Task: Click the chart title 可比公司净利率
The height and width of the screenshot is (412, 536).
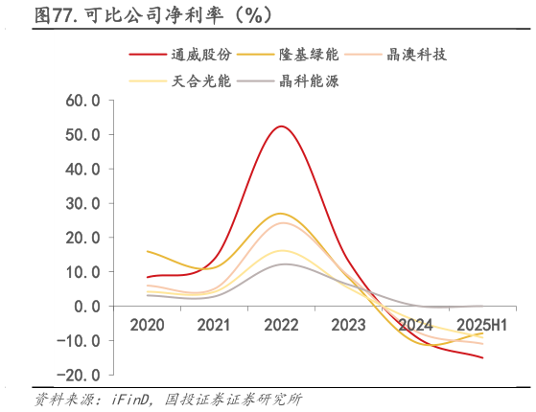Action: [153, 14]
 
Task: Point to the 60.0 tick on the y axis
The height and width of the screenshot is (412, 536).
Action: [82, 100]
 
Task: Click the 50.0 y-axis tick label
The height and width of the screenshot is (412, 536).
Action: [82, 134]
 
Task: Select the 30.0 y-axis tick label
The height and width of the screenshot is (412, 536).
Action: [82, 203]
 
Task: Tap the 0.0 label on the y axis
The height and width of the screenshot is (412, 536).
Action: [87, 306]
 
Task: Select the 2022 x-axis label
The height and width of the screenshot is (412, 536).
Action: [281, 325]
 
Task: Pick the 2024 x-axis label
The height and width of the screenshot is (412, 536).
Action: [415, 325]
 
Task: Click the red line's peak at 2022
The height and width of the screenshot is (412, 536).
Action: [280, 126]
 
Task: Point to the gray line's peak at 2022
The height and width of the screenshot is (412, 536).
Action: [280, 264]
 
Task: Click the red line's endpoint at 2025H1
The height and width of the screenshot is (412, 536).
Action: [482, 357]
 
